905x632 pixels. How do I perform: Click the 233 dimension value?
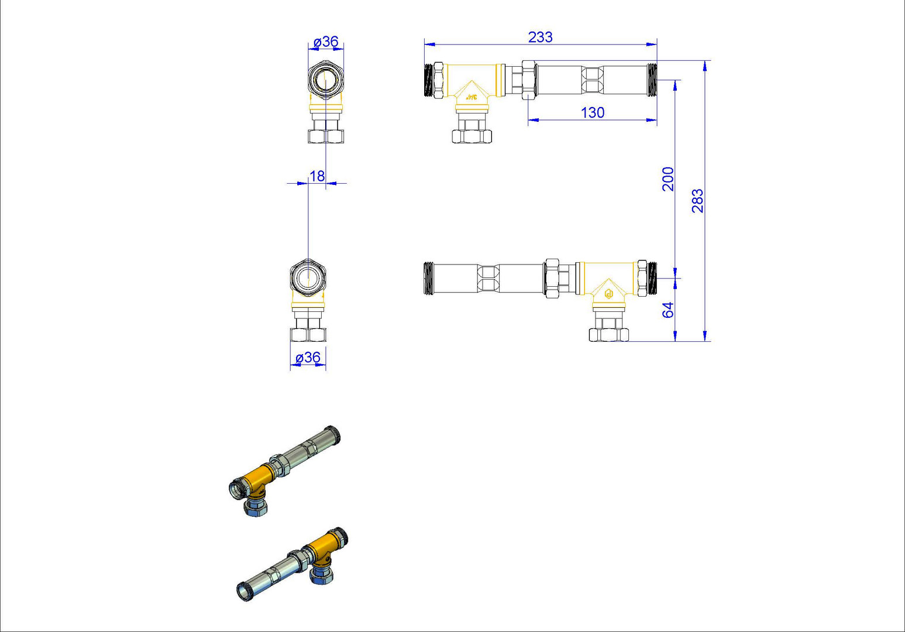[540, 37]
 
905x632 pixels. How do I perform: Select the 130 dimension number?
[592, 113]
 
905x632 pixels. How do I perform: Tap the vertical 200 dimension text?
[669, 179]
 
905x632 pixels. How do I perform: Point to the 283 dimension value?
[698, 201]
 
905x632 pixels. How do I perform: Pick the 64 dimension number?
[669, 310]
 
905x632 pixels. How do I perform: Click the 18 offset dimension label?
[316, 176]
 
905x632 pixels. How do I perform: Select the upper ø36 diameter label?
[326, 42]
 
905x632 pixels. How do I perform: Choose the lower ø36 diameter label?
[308, 358]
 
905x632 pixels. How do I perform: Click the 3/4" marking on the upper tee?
[472, 97]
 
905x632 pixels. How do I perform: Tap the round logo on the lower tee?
[609, 294]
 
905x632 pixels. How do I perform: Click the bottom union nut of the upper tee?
[472, 136]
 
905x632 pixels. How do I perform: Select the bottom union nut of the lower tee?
[609, 335]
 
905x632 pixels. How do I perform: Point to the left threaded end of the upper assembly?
[429, 80]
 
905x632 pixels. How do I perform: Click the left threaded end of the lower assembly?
[429, 279]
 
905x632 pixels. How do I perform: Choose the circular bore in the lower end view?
[308, 279]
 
